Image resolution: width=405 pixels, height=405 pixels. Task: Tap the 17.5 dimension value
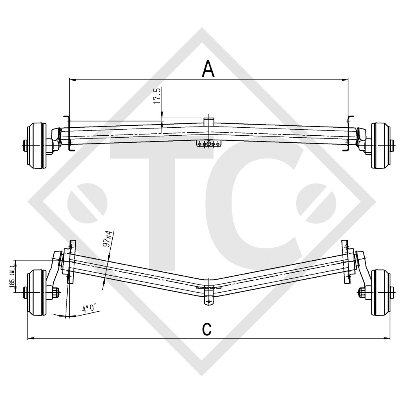pos(157,96)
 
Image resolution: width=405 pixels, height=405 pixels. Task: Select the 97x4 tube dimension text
pos(106,240)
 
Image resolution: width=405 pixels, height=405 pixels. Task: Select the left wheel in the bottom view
pos(37,292)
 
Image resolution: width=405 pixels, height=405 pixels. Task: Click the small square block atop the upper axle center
pos(208,121)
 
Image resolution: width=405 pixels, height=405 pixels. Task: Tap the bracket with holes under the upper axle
pos(208,144)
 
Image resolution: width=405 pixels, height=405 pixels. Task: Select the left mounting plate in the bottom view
pos(71,262)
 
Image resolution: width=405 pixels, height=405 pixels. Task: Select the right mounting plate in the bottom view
pos(347,262)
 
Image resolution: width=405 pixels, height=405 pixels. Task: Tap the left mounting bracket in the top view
pos(68,134)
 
